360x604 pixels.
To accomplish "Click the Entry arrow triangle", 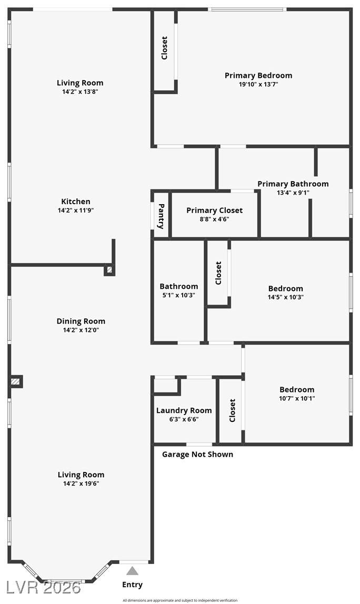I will [132, 571].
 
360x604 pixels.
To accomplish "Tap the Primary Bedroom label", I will [258, 75].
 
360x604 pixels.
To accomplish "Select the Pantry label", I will [162, 216].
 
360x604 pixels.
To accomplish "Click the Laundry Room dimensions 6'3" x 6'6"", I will [184, 419].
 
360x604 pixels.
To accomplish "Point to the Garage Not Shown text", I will [197, 454].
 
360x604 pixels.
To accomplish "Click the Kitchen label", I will [76, 202].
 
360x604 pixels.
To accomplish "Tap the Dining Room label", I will [81, 321].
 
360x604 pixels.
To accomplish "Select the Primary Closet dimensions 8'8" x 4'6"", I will [214, 219].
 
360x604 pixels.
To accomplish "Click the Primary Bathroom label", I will [293, 184].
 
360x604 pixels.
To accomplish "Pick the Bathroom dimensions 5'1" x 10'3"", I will [179, 295].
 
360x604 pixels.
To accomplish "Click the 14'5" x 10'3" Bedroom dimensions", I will [286, 297].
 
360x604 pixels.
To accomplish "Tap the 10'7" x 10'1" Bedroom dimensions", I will [297, 398].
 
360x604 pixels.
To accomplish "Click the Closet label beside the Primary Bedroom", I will [164, 47].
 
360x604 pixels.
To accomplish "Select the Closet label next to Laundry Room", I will [232, 410].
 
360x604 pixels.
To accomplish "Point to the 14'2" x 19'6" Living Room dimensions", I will [81, 483].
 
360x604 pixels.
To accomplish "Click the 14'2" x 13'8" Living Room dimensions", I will [80, 92].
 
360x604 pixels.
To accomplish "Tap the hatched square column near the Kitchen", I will [109, 270].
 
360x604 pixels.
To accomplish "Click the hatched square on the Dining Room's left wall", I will [16, 381].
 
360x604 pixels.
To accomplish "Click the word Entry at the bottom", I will [132, 585].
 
